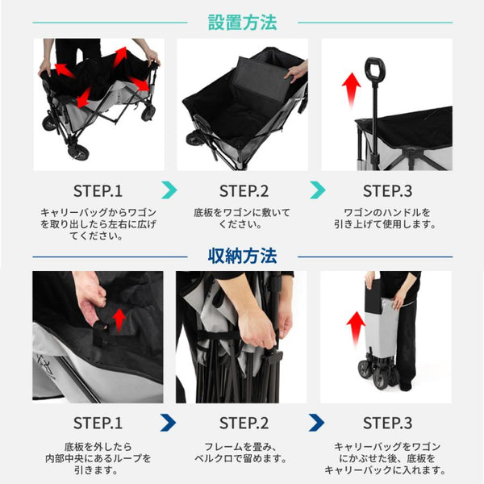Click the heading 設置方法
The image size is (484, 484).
pos(242,23)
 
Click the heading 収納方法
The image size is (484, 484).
pos(242,256)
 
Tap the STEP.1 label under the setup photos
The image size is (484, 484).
pos(98,190)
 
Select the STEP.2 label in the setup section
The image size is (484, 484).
pos(244,190)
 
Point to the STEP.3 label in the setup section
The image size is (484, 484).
pos(387,190)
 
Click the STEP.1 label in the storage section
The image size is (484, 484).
pos(98,423)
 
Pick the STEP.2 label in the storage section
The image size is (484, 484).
pos(244,423)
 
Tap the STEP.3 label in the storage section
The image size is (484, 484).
pos(387,423)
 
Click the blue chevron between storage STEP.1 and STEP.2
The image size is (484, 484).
pos(169,423)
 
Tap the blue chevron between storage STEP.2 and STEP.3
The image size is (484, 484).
pos(318,423)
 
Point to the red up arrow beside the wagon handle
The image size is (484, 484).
pos(351,90)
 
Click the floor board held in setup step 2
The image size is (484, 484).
pos(263,77)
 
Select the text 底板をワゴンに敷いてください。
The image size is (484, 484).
pos(242,219)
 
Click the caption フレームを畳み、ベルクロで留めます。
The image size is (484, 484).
pos(241,453)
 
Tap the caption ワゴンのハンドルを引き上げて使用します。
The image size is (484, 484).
pos(386,219)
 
